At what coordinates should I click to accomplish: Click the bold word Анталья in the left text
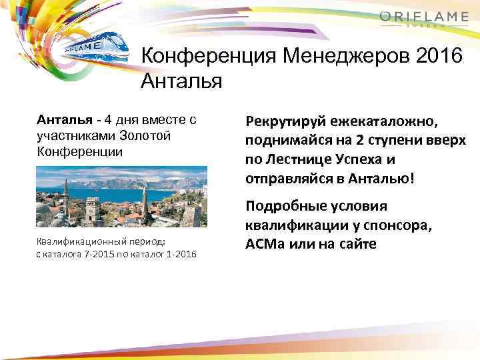[x=64, y=121]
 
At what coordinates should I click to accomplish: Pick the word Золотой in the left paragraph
[x=149, y=136]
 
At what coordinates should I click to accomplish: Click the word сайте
[x=357, y=245]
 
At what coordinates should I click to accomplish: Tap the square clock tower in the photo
[x=92, y=210]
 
